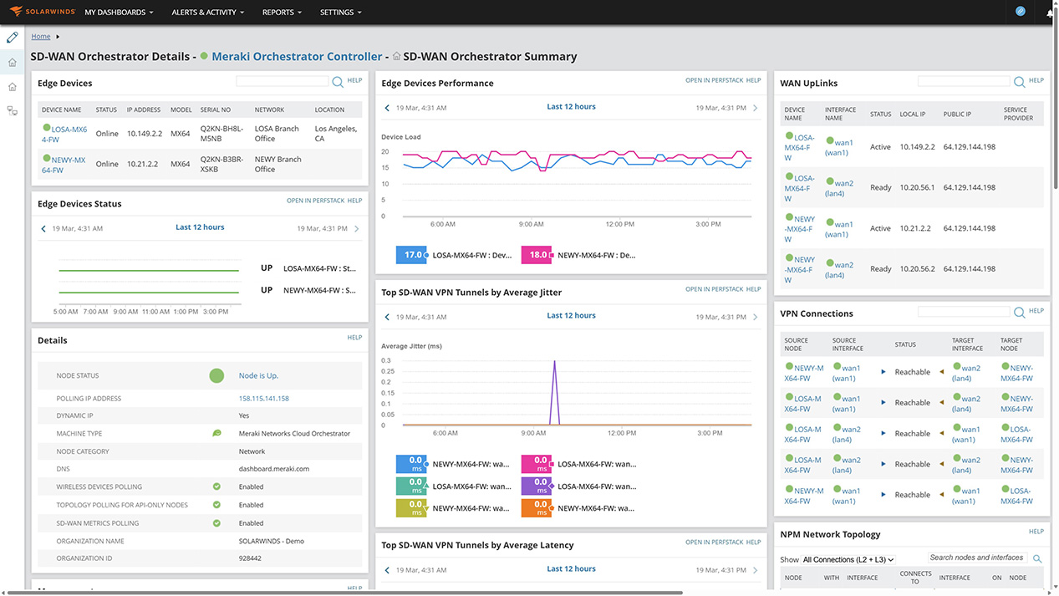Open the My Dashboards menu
point(120,13)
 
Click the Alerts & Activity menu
point(207,13)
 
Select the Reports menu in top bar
point(282,13)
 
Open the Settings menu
point(341,13)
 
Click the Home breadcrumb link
point(41,37)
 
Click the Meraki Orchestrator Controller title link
point(297,57)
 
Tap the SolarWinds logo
point(43,13)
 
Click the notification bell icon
point(1050,13)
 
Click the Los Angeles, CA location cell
point(336,134)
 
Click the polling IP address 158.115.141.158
point(263,399)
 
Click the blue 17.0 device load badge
point(411,255)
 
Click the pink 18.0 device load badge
point(537,255)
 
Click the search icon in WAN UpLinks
point(1020,82)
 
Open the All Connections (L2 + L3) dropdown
point(848,559)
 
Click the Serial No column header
point(216,110)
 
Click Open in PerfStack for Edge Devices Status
point(315,201)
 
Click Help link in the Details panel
point(354,338)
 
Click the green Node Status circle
point(216,376)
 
